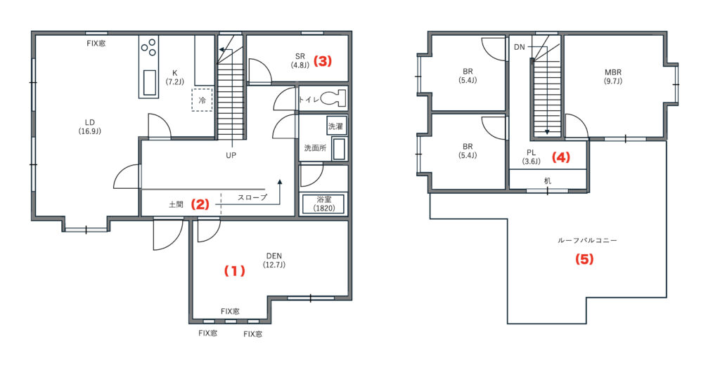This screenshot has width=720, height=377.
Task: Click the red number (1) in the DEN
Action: coord(235,271)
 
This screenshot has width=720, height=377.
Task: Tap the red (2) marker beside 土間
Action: coord(200,204)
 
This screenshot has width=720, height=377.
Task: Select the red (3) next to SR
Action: coord(322,61)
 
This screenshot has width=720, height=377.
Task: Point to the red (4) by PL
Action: coord(560,157)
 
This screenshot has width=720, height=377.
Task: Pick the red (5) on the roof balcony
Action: coord(584,259)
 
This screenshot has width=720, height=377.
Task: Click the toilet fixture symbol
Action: coord(333,98)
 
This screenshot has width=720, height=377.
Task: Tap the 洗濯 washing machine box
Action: coord(335,126)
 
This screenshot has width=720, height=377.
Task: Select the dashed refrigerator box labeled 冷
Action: coord(202,100)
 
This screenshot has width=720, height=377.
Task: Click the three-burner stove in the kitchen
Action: coord(149,47)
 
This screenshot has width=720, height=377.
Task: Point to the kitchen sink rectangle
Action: coord(150,83)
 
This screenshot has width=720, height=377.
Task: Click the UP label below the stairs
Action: coord(231,155)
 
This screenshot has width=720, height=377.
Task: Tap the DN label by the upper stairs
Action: coord(520,47)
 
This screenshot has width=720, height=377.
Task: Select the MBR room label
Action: coord(613,72)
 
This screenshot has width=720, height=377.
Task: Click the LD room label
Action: coord(89,122)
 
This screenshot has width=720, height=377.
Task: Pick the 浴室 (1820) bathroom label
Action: coord(324,204)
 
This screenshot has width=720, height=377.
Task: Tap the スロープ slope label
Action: coord(252,197)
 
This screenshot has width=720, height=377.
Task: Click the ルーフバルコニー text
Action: coord(587,240)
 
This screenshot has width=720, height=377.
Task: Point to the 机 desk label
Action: coord(547,180)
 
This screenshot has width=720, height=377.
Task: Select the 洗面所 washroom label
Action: coord(316,148)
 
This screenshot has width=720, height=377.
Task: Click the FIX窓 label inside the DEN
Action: coord(230,312)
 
